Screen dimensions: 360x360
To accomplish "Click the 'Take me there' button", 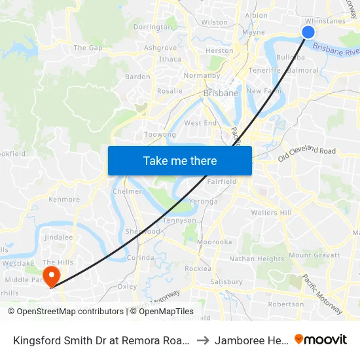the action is coord(180,160).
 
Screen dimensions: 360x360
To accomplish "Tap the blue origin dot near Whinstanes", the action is coord(309,32).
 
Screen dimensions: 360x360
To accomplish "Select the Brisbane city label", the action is coord(221,94).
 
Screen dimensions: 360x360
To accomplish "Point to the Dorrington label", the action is coord(153,27).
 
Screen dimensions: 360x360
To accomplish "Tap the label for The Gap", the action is coord(88,48).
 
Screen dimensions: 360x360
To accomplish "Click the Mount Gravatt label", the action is coord(314,255).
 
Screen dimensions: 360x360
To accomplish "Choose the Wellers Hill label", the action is coord(272,213).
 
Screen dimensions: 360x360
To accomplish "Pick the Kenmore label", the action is coord(64,200).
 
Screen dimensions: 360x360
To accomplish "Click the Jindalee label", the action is coord(59,238).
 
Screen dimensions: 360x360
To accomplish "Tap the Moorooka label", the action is coord(215,242).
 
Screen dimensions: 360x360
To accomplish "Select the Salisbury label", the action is coord(226,281).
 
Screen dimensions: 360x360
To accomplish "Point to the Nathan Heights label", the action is coord(257,259).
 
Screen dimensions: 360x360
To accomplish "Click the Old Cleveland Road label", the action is coord(306,154).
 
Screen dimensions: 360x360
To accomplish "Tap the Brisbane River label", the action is coord(336,50).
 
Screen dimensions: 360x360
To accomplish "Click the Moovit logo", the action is coord(321,339).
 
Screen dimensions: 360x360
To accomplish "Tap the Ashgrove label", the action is coord(160,48).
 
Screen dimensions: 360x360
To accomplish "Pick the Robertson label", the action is coord(286,304).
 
